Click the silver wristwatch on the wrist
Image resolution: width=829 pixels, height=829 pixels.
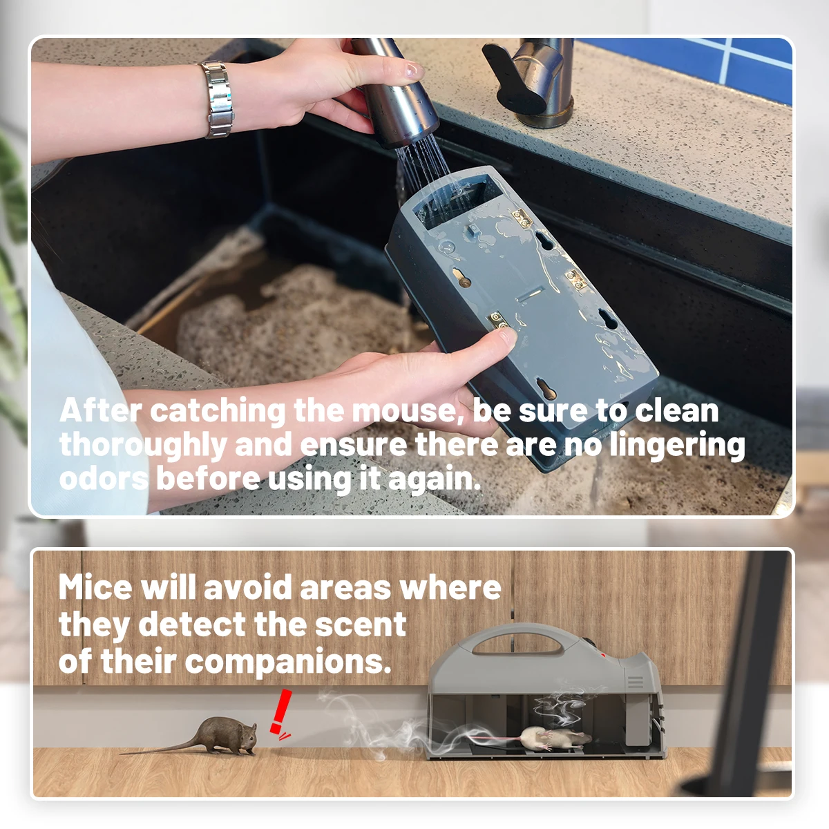[217, 99]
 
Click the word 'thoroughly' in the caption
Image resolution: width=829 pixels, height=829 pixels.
[143, 446]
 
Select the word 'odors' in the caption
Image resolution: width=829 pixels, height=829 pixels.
[104, 479]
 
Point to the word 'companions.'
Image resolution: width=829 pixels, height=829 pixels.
[288, 663]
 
